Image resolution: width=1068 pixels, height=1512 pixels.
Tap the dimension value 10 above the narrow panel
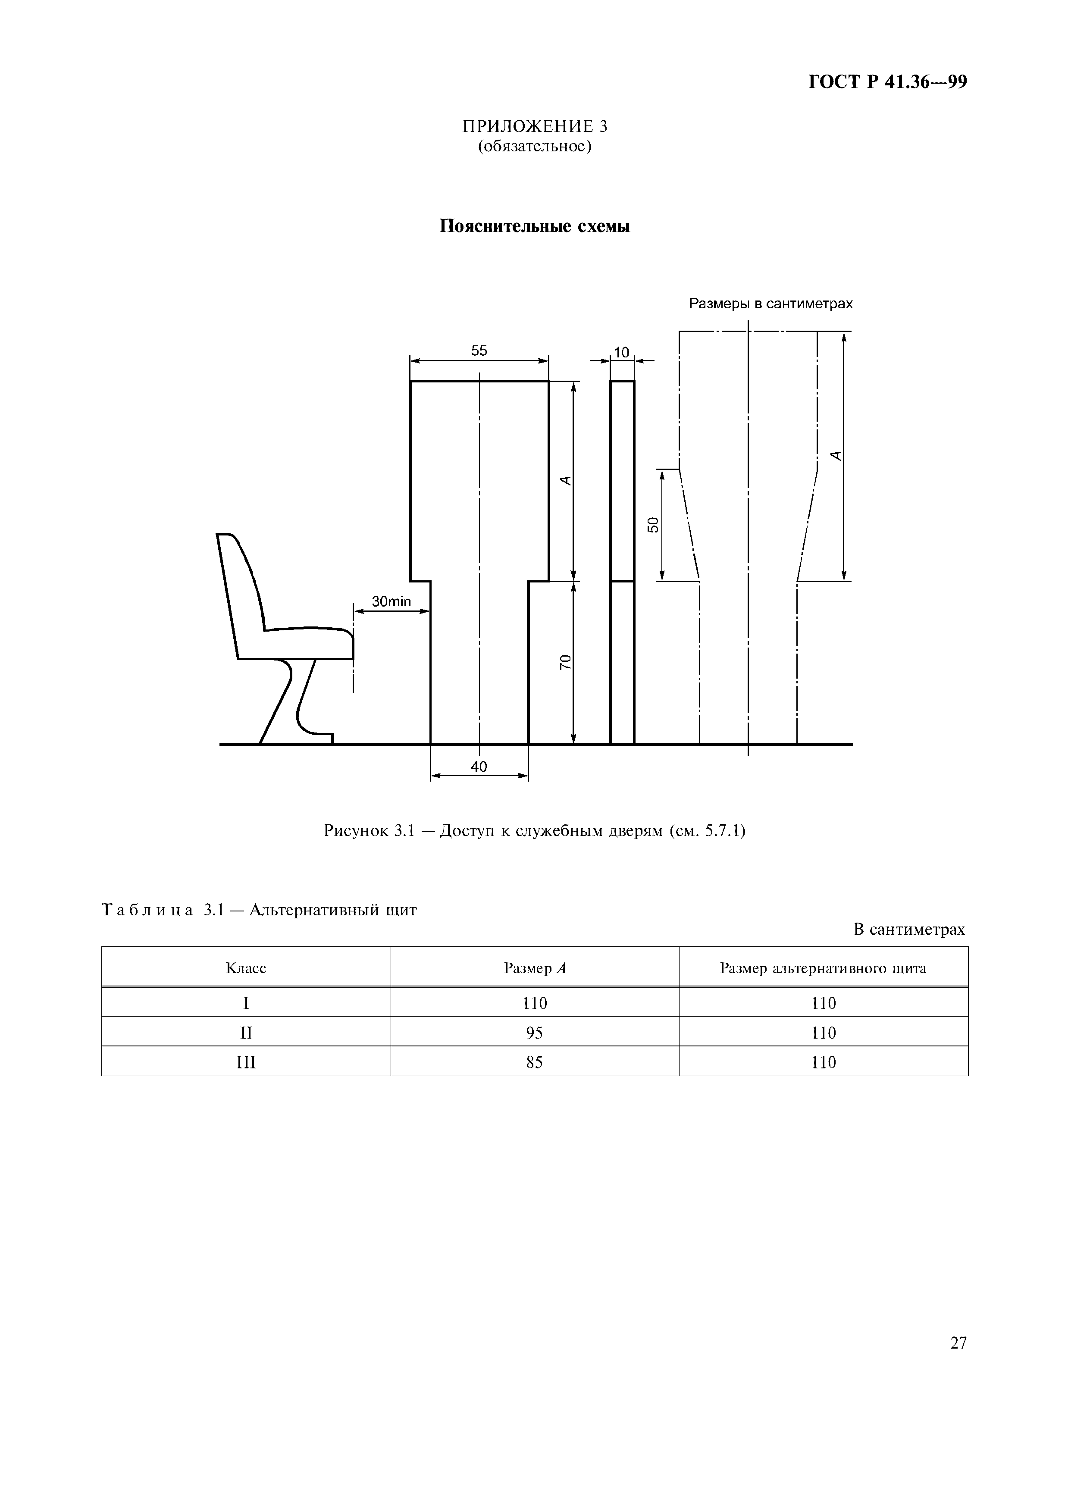click(622, 353)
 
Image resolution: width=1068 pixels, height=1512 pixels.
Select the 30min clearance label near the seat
click(391, 601)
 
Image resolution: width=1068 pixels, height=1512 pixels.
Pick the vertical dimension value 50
click(652, 525)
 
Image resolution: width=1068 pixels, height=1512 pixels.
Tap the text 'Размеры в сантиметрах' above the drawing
click(770, 304)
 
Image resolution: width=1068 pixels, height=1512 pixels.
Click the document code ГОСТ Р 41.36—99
click(887, 82)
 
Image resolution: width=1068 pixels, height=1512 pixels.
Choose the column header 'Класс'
click(246, 968)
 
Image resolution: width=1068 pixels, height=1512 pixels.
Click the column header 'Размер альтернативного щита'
click(823, 968)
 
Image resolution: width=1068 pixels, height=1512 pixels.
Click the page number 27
click(958, 1343)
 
